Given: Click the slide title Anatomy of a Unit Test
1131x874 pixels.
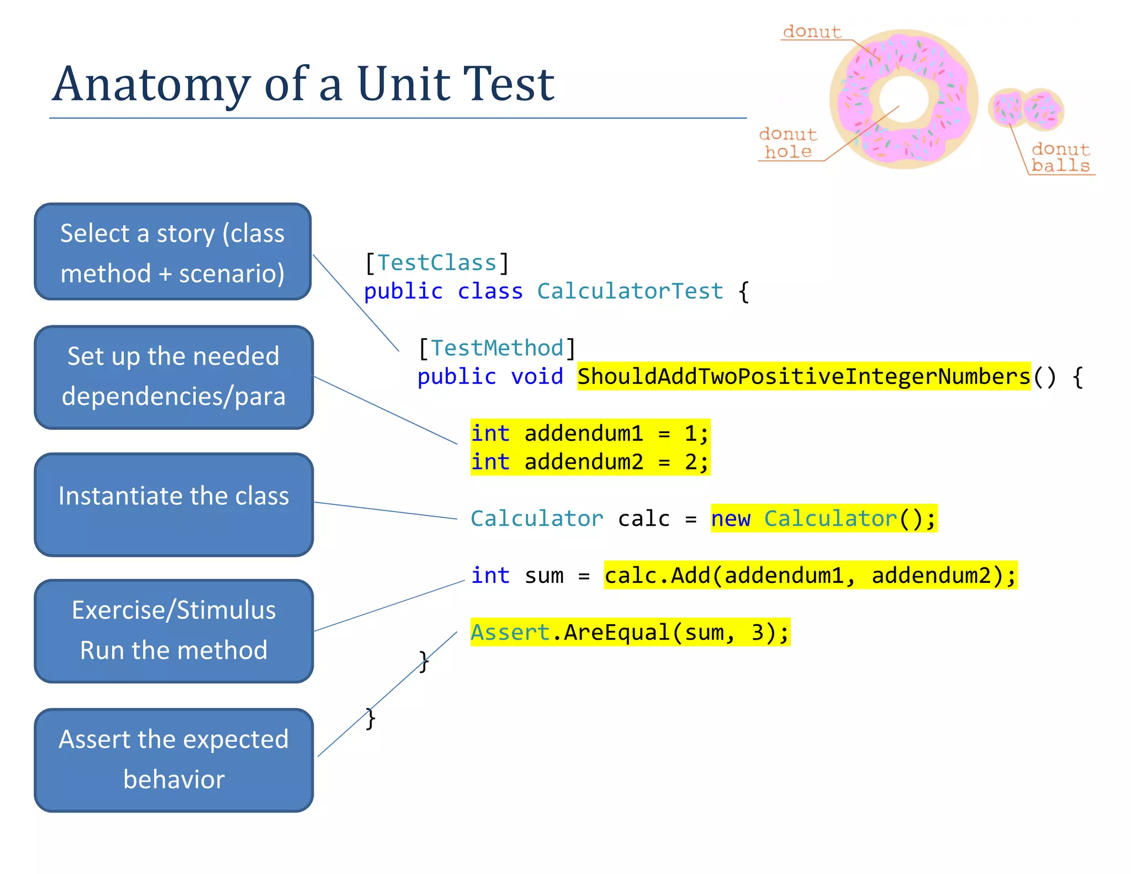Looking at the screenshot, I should click(x=303, y=84).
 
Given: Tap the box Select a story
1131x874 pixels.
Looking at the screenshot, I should click(x=173, y=252).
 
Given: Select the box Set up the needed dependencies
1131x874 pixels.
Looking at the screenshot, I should click(x=174, y=377).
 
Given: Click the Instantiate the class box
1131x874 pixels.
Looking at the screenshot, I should click(x=174, y=504).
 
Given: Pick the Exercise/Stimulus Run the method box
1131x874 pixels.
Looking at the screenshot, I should click(x=174, y=631).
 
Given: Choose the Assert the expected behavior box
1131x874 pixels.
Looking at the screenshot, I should click(x=174, y=760).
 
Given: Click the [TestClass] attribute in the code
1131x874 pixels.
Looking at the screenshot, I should click(x=437, y=263).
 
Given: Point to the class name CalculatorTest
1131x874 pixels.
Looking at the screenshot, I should click(x=630, y=291).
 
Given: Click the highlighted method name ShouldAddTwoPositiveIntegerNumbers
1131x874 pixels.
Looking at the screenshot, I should click(x=804, y=377).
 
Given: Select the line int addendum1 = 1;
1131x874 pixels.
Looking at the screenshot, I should click(x=590, y=434).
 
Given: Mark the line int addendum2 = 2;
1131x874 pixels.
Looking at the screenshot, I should click(x=590, y=462).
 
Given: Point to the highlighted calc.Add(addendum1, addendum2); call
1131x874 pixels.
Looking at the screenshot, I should click(x=810, y=576).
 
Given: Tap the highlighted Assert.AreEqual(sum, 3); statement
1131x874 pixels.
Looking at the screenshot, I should click(x=630, y=633).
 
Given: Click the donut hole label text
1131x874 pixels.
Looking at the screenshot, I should click(x=788, y=143).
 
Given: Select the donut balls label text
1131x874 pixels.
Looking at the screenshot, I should click(x=1060, y=157).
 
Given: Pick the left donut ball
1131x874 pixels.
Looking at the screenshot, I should click(x=1007, y=108).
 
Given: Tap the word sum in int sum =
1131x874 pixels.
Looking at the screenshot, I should click(x=544, y=576).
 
